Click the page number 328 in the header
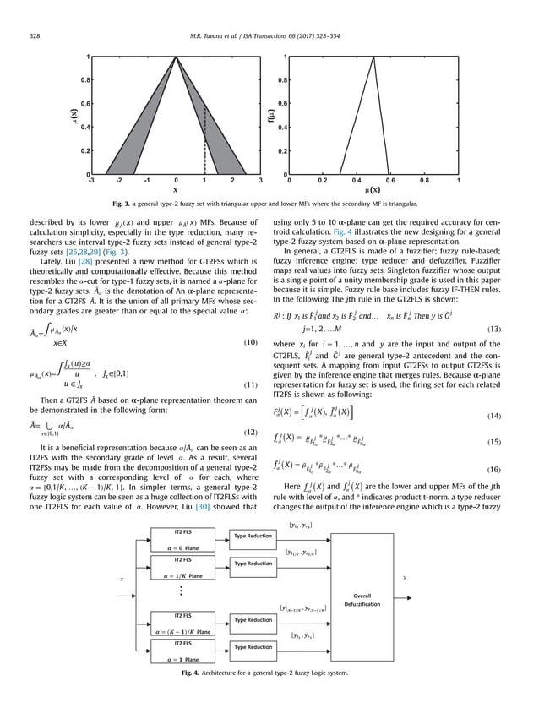click(x=35, y=35)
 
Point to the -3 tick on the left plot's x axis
click(x=90, y=181)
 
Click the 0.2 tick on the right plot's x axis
click(x=323, y=181)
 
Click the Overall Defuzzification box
click(x=365, y=598)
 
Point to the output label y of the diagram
click(x=404, y=578)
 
